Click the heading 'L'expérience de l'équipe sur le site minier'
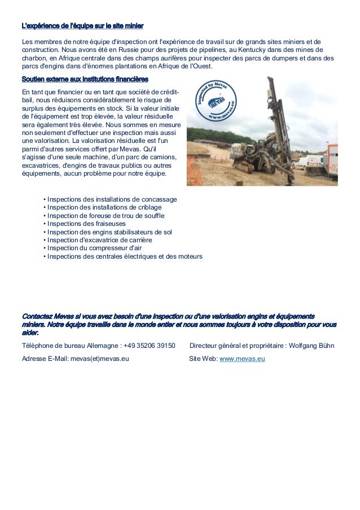[x=82, y=26]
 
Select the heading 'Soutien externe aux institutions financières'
[x=85, y=79]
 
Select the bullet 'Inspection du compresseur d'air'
[x=94, y=248]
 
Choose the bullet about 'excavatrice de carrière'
[x=99, y=240]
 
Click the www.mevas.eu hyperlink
[x=242, y=358]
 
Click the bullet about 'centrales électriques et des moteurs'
[x=125, y=256]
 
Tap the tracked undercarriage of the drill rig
[x=254, y=167]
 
